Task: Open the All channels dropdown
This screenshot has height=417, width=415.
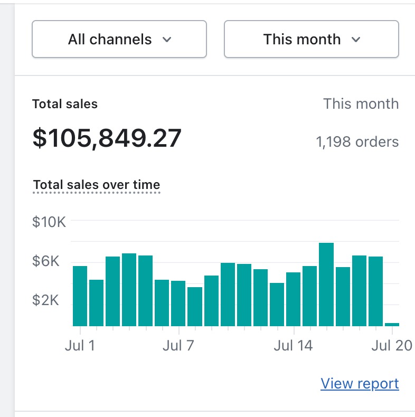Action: (119, 40)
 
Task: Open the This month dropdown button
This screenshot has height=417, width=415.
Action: (311, 40)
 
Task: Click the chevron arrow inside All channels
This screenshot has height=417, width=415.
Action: (167, 40)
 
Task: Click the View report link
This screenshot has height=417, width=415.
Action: (360, 383)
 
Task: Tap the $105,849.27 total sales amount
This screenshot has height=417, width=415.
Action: (107, 138)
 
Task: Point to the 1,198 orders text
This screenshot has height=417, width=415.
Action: (357, 141)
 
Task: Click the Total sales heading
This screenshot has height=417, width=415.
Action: (65, 104)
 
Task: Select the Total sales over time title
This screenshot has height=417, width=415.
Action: (97, 185)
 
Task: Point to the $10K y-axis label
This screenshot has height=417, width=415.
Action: (49, 222)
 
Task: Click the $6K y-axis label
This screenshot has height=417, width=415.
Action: (49, 261)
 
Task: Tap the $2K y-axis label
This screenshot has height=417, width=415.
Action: (49, 300)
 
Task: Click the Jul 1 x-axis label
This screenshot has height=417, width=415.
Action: (80, 346)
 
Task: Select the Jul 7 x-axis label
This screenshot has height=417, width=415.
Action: (179, 346)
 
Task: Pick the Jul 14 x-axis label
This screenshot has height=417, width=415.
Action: (294, 346)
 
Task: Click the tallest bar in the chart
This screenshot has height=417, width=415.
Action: (326, 285)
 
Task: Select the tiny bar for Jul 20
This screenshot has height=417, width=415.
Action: (392, 324)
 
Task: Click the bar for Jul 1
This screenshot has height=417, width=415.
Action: (80, 296)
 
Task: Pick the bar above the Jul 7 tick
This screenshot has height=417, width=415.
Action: (178, 304)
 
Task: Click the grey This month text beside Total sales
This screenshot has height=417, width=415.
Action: (361, 104)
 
